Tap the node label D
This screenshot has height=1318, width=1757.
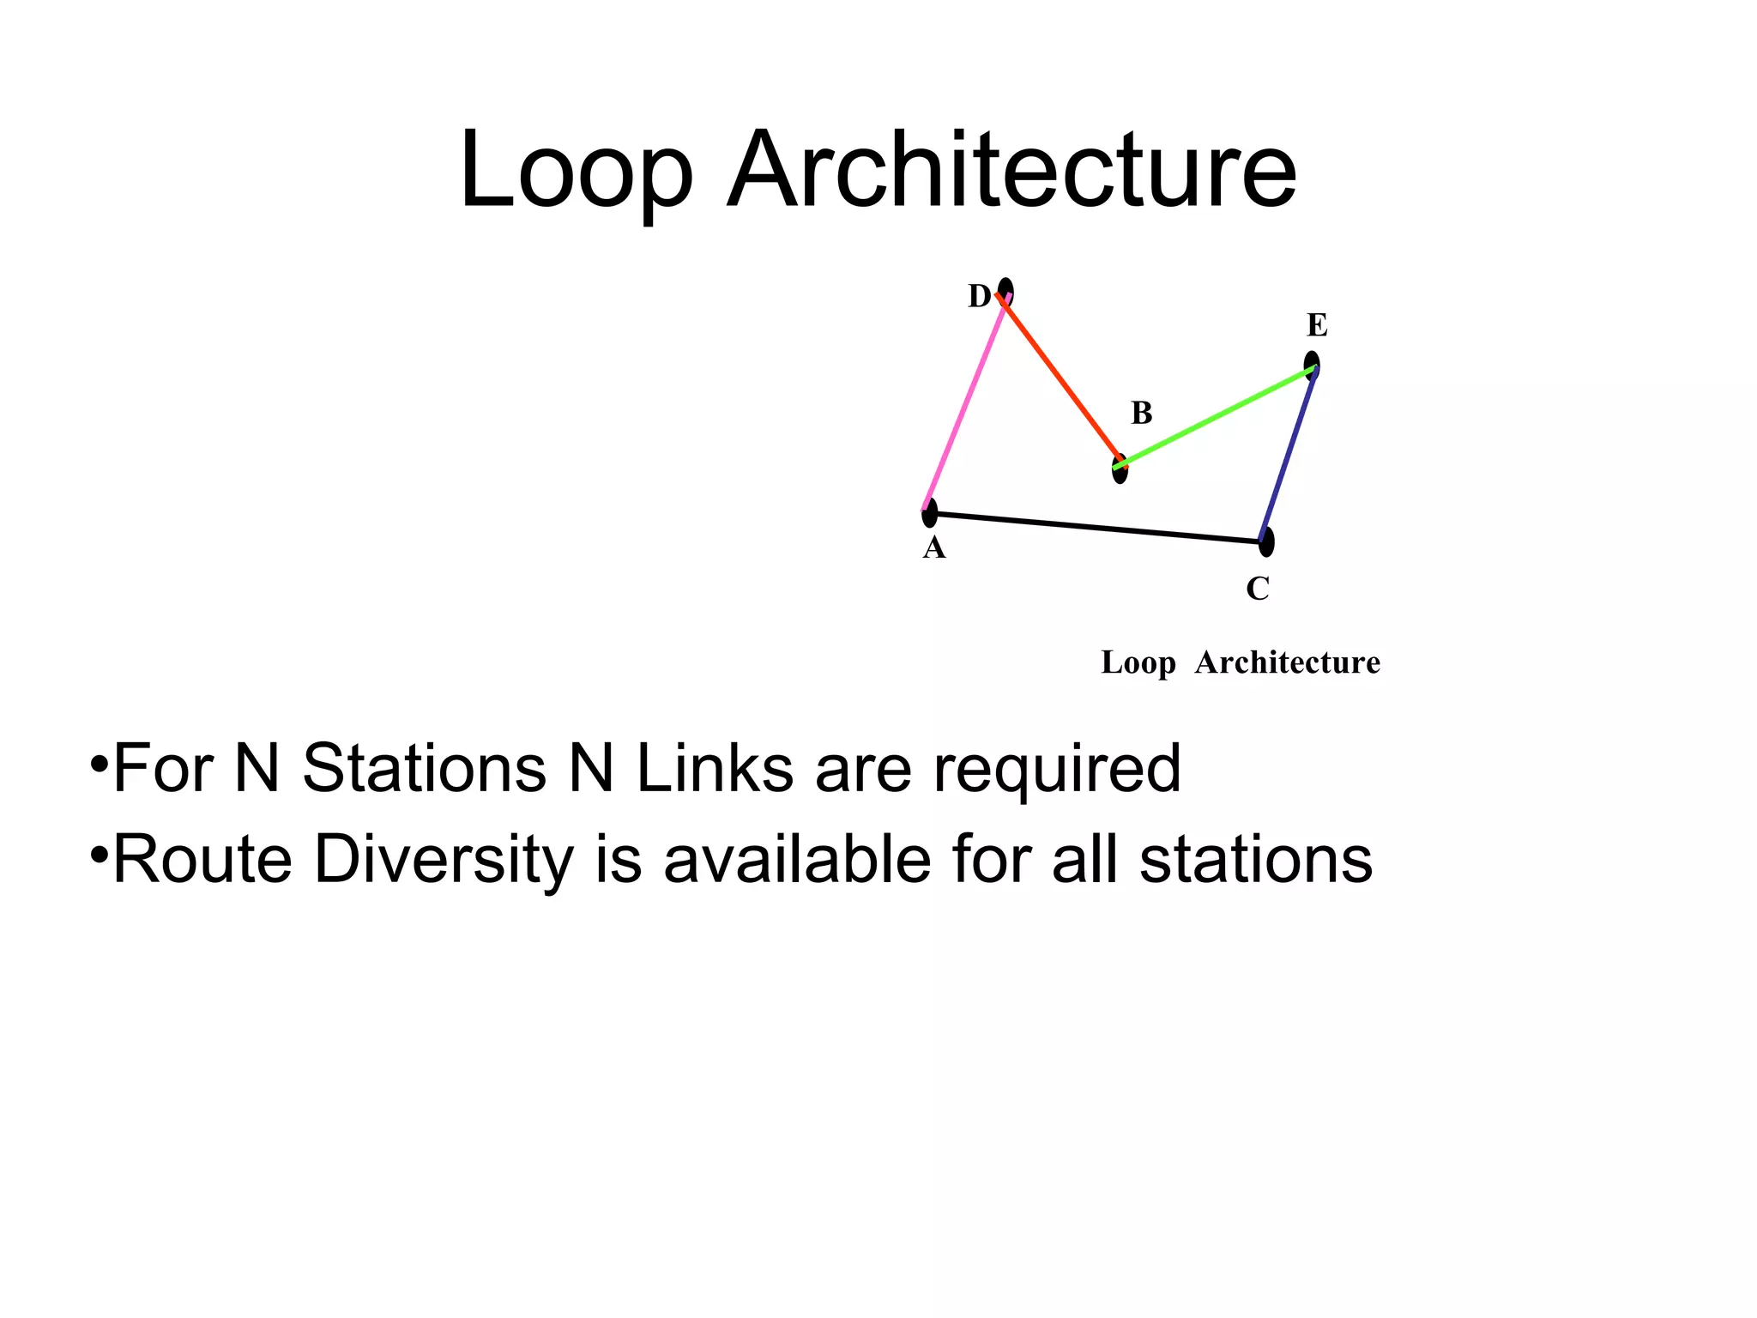[x=979, y=297]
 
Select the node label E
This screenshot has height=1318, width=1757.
[x=1317, y=326]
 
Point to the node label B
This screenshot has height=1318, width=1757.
[x=1141, y=414]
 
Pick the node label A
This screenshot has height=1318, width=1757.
[x=934, y=548]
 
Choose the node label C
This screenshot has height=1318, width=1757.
[x=1258, y=589]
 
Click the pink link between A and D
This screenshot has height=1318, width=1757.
[x=964, y=403]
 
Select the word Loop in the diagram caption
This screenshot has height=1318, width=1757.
[x=1138, y=663]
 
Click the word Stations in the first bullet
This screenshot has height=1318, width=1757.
[x=424, y=768]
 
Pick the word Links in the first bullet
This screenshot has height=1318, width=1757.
[x=715, y=768]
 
